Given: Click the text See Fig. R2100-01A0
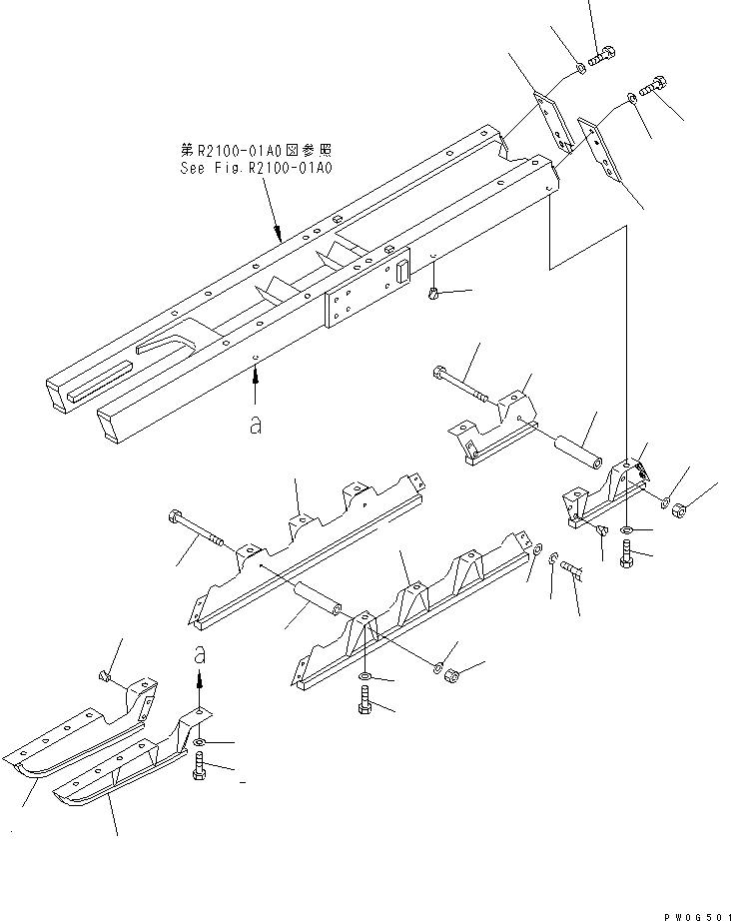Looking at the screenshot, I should tap(254, 168).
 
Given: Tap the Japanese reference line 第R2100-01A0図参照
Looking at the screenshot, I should tap(254, 150).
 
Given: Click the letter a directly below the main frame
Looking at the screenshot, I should tap(256, 424).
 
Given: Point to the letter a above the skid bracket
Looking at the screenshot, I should tap(200, 656).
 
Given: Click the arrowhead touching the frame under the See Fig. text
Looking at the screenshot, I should tap(277, 234).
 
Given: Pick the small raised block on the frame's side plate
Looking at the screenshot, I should tap(402, 271).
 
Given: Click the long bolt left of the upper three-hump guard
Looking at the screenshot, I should tap(206, 532).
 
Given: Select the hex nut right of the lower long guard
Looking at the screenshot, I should tap(451, 674).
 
